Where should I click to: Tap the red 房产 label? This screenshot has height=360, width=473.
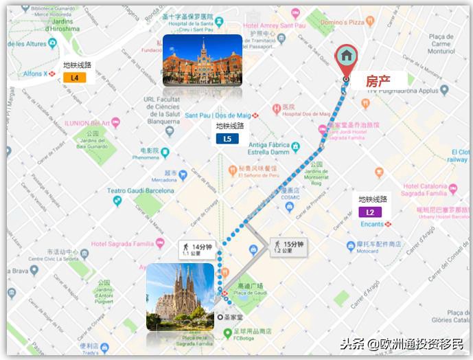377,81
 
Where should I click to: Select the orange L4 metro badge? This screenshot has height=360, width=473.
75,78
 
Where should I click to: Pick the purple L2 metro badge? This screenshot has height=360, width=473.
370,212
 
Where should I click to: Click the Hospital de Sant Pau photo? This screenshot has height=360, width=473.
202,60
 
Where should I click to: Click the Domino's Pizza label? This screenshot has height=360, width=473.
346,22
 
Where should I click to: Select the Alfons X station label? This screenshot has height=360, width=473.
36,73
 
